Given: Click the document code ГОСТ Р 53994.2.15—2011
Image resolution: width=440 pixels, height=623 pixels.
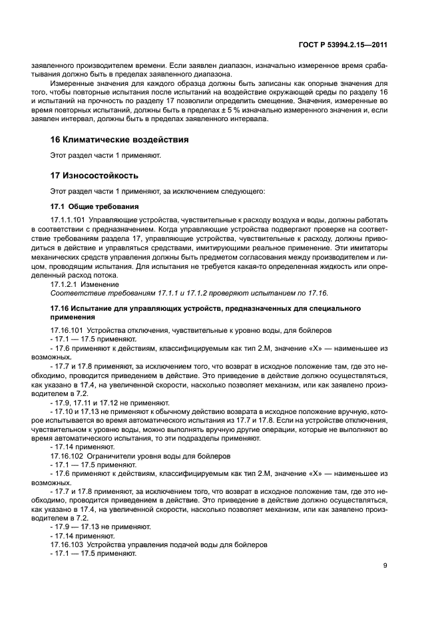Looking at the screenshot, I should [x=352, y=45].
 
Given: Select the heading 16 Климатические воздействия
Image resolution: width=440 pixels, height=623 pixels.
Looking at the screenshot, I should [x=119, y=140].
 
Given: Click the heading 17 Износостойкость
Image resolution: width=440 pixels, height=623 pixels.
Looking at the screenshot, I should [x=94, y=176].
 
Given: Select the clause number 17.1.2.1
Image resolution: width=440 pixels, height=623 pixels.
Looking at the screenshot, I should [x=64, y=284].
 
